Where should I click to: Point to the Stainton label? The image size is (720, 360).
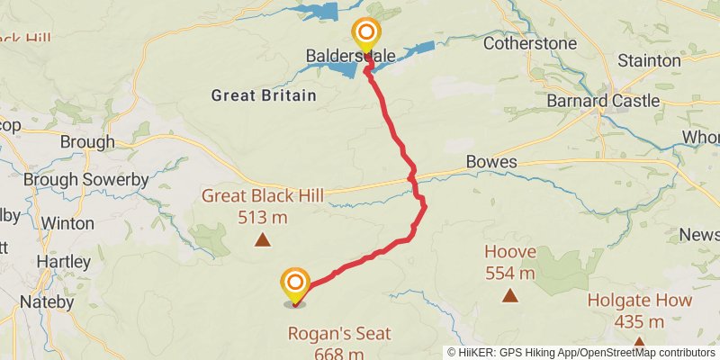click(649, 60)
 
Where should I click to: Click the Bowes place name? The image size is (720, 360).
click(491, 162)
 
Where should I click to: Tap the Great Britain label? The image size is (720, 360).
click(264, 95)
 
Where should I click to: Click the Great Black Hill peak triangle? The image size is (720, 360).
click(262, 239)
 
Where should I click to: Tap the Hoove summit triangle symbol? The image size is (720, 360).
click(509, 294)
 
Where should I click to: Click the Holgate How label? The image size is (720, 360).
click(640, 301)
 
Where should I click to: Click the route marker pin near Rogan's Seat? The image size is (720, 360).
click(295, 285)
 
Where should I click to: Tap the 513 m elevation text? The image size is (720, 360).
click(263, 217)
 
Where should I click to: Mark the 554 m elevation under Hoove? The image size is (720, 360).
click(509, 273)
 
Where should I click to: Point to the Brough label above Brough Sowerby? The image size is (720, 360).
click(87, 141)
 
